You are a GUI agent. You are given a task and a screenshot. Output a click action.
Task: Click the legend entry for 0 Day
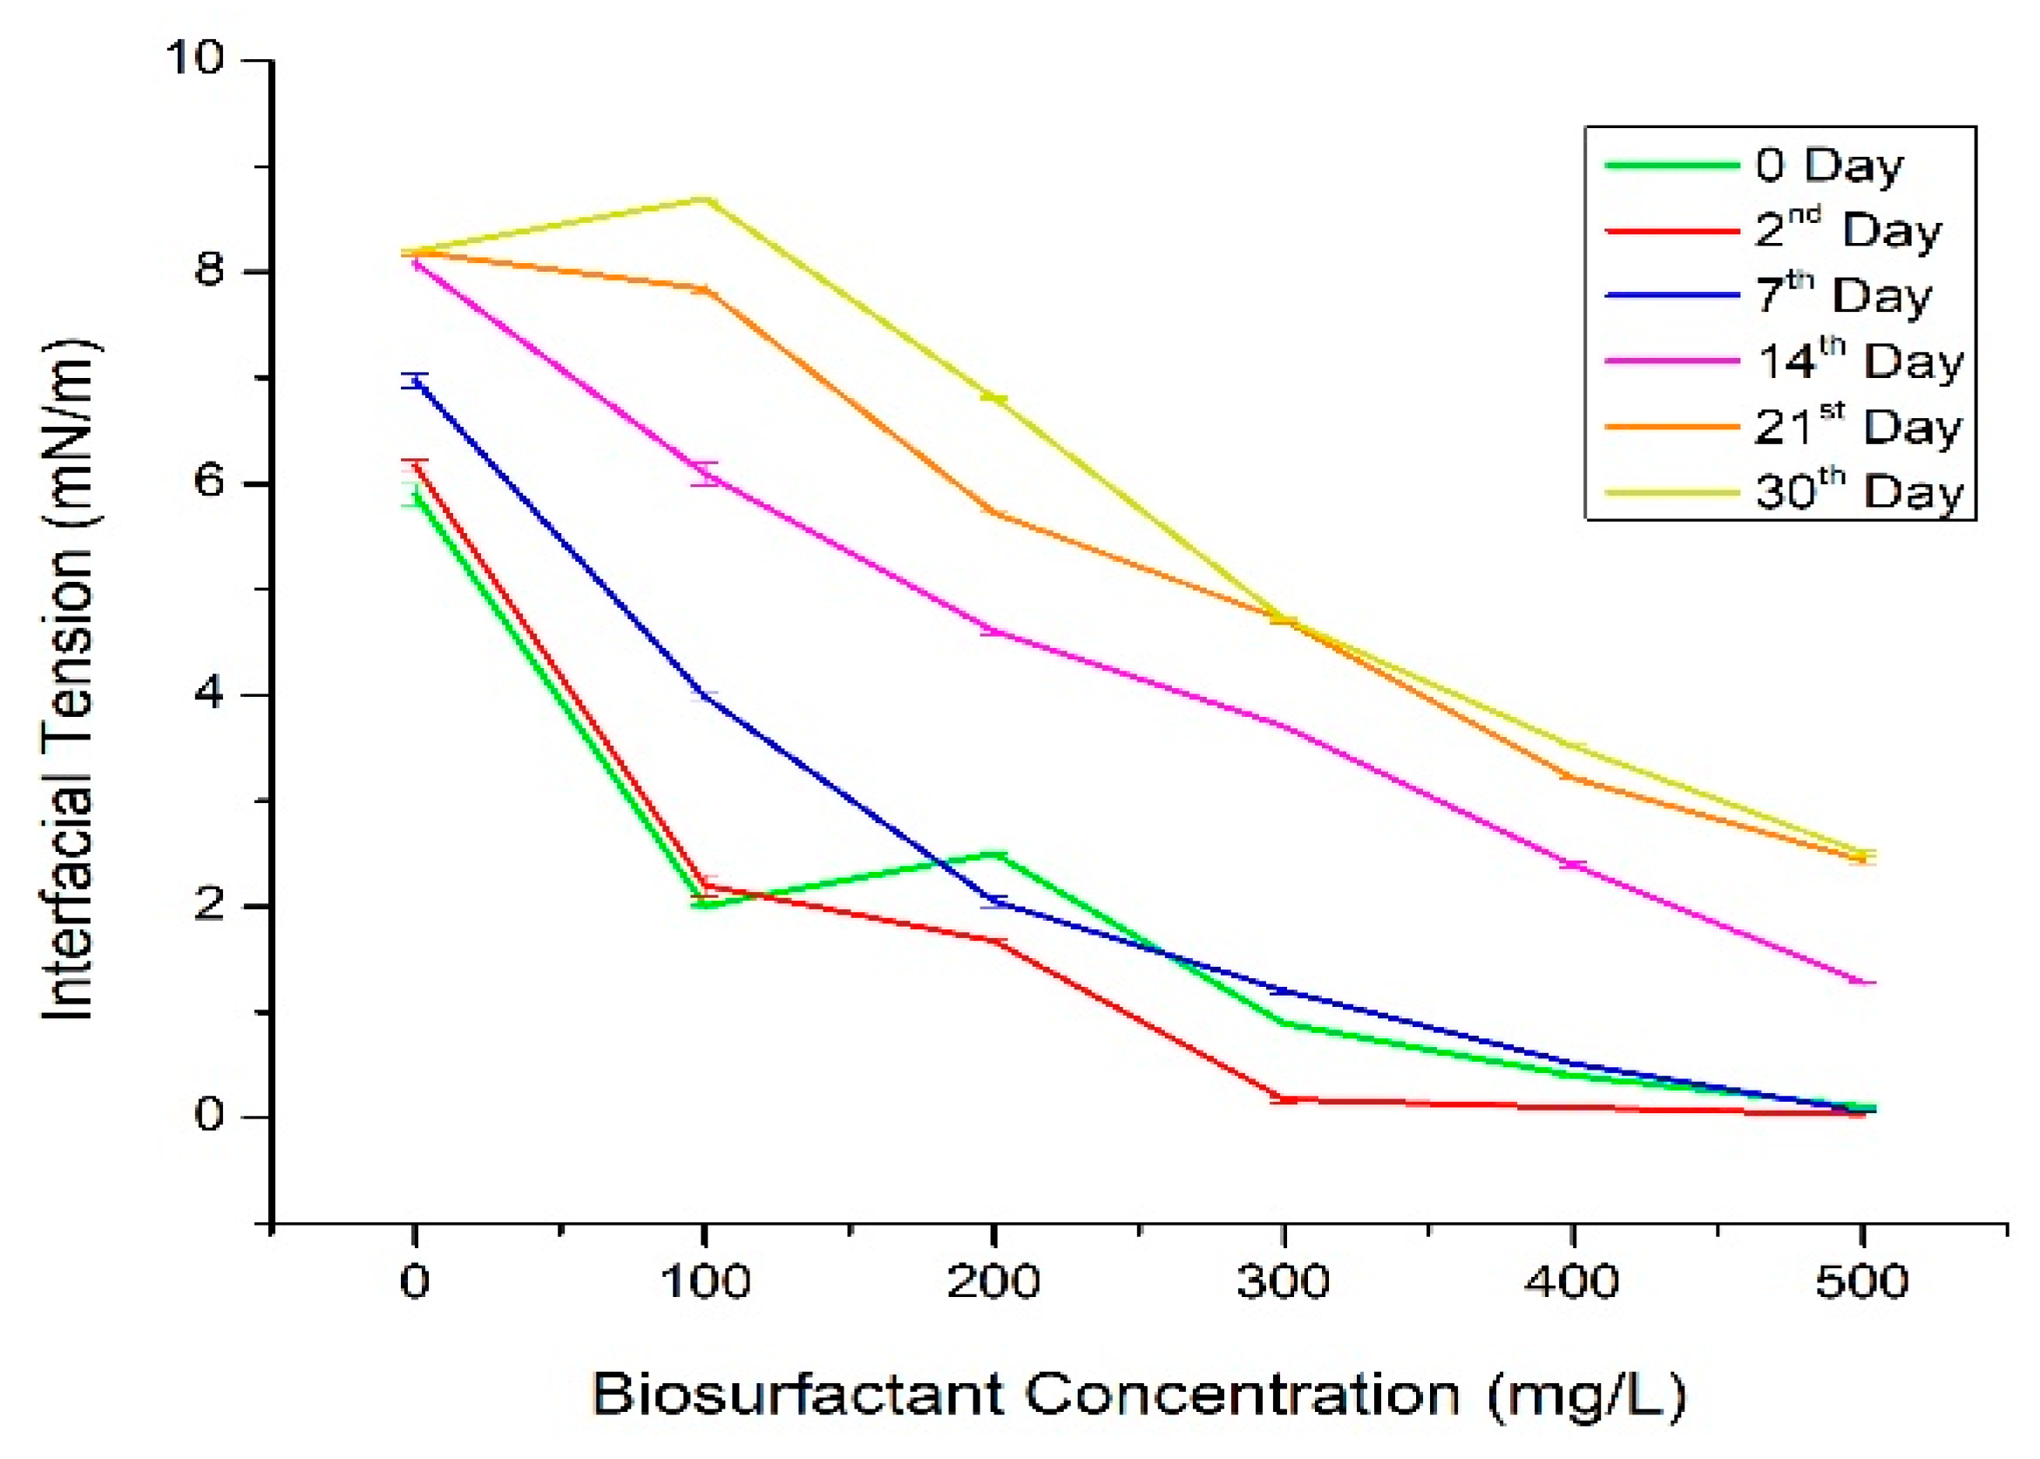[x=1828, y=165]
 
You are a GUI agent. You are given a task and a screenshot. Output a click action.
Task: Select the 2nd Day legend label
[x=1847, y=230]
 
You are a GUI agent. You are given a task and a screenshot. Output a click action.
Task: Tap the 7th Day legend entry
[x=1842, y=295]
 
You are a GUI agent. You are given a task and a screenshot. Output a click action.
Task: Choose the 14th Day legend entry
[x=1860, y=361]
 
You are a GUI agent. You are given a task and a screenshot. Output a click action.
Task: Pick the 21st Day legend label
[x=1858, y=427]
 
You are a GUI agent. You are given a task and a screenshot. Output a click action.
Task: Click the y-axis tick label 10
[x=193, y=59]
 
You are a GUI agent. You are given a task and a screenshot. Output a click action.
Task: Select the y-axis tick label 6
[x=208, y=483]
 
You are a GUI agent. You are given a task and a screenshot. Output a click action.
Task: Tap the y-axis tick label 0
[x=208, y=1117]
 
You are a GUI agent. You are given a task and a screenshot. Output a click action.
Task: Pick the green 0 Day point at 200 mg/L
[x=994, y=854]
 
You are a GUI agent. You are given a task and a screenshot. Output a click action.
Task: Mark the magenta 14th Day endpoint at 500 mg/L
[x=1861, y=982]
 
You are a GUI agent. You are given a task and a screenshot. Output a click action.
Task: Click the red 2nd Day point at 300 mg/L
[x=1284, y=1098]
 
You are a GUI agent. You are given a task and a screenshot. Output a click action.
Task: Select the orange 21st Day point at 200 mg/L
[x=994, y=512]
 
